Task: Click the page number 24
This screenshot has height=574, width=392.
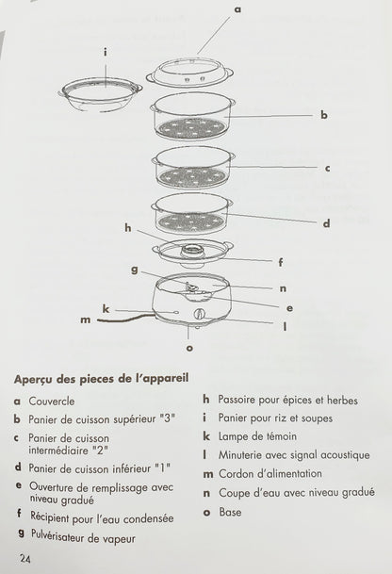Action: pos(23,560)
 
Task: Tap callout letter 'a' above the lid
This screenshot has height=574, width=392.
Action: pos(237,8)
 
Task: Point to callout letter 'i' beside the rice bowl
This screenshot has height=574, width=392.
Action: pos(105,52)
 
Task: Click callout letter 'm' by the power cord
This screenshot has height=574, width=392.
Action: pos(86,320)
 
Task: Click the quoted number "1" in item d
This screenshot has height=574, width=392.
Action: pos(163,467)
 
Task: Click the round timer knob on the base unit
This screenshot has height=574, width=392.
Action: pos(200,316)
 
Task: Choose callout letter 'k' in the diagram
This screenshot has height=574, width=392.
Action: pos(106,308)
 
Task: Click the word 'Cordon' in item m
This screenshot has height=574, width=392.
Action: pos(239,476)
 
